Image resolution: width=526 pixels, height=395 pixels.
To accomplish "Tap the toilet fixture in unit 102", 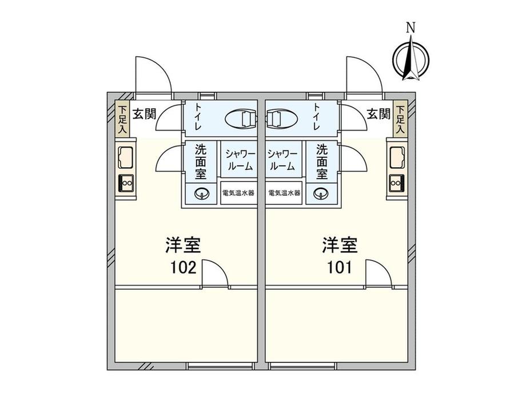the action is point(241,118).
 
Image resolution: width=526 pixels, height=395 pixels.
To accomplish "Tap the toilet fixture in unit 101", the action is point(281,118).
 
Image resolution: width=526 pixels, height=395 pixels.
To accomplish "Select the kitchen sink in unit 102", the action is point(125,157).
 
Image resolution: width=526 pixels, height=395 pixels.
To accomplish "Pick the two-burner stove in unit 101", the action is point(397,183).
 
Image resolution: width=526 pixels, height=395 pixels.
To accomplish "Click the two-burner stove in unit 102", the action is point(126,183).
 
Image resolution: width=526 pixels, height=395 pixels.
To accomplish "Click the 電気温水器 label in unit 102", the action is point(238,193).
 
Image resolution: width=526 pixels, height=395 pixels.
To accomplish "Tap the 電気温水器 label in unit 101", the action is point(285,193).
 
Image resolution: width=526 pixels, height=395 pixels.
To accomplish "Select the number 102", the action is point(184,268).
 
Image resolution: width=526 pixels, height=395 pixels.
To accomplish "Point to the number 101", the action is point(340,268).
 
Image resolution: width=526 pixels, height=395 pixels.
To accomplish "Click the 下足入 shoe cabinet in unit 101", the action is point(400,118).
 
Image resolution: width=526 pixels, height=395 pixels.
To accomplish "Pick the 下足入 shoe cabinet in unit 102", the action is point(123,118).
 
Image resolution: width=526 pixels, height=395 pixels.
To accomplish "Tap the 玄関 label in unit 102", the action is point(144,114).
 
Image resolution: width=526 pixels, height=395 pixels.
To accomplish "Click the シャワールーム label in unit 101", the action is point(282,160).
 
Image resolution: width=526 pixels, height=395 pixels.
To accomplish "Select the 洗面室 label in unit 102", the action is point(201,162).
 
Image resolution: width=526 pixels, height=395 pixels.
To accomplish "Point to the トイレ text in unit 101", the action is point(316,117).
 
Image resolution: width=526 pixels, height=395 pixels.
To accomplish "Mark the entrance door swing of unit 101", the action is point(364,74).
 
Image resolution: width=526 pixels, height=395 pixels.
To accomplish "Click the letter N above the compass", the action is point(411,28).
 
